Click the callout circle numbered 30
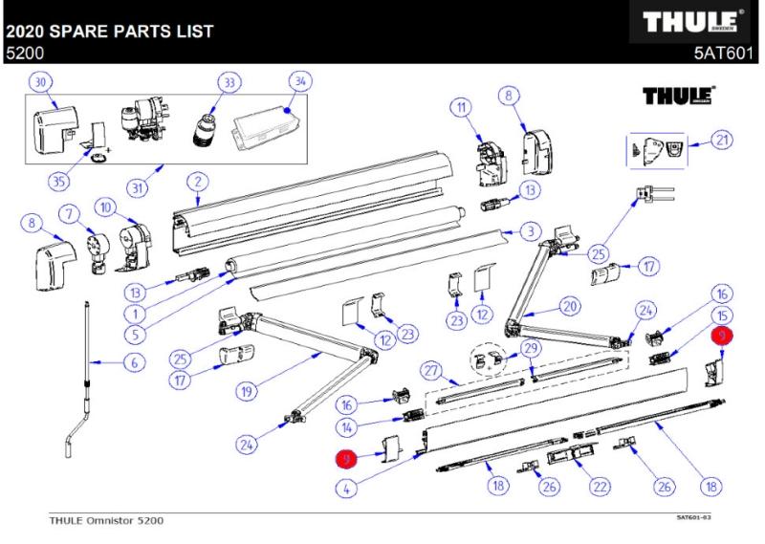coord(41,83)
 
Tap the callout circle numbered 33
coord(228,83)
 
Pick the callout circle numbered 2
coord(196,179)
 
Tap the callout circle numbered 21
coord(722,141)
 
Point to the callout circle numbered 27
coord(432,369)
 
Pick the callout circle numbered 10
coord(106,207)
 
